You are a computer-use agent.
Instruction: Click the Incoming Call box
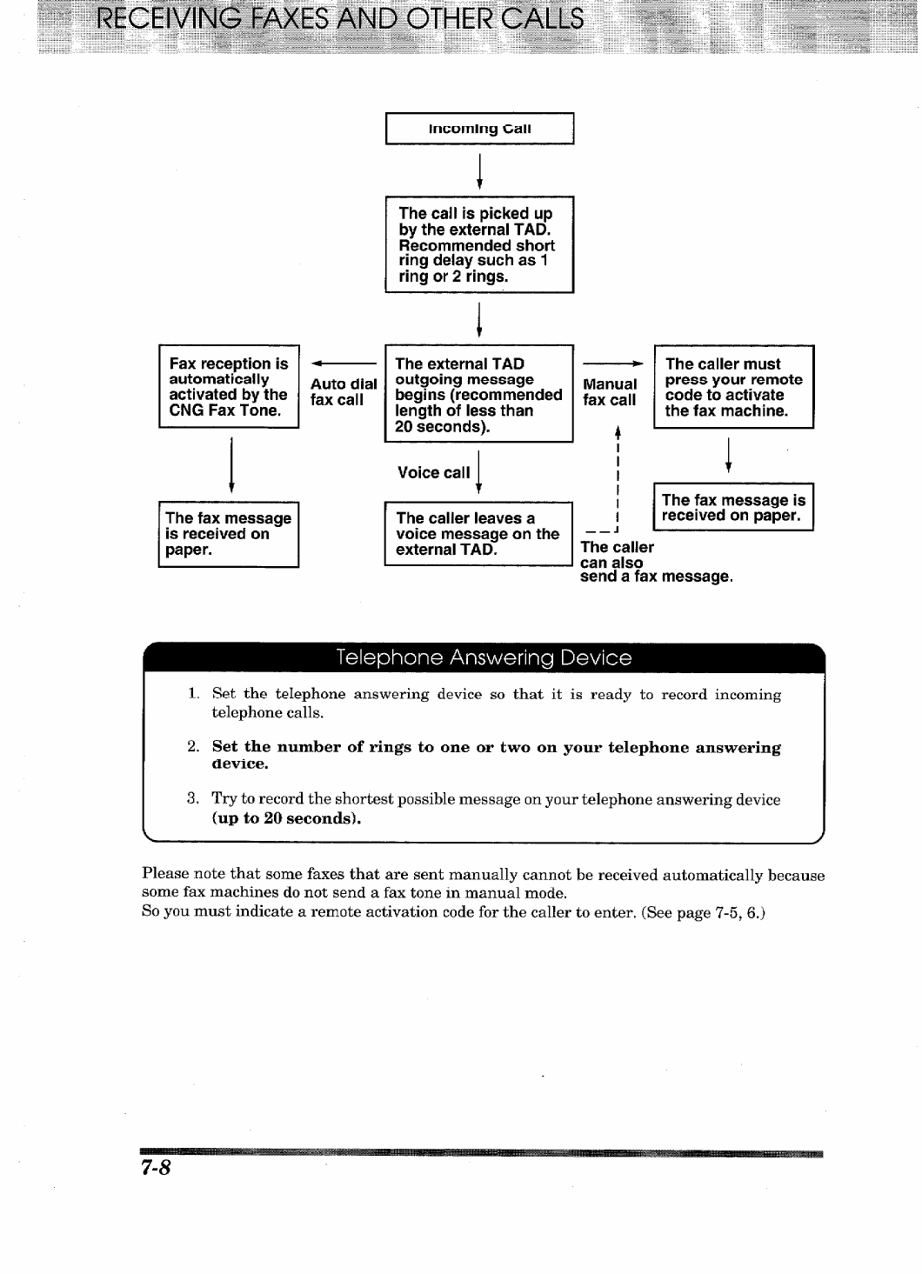tap(479, 129)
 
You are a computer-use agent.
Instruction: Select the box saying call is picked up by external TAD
tap(479, 244)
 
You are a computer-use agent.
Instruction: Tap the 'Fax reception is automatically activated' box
tap(229, 387)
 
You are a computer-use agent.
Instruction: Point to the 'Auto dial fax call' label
tap(344, 392)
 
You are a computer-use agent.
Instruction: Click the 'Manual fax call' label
tap(610, 392)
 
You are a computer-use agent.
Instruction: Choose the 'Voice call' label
tap(433, 473)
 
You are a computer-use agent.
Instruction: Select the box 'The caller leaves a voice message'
tap(478, 533)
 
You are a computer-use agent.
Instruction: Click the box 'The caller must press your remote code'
tap(733, 387)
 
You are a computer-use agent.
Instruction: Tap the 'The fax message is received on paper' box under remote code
tap(733, 507)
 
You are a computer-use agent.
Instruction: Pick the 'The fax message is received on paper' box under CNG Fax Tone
tap(229, 534)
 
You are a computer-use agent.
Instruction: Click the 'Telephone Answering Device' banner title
tap(484, 658)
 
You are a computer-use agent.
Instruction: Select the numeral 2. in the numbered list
tap(193, 748)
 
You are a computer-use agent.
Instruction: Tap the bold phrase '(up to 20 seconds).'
tap(286, 818)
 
